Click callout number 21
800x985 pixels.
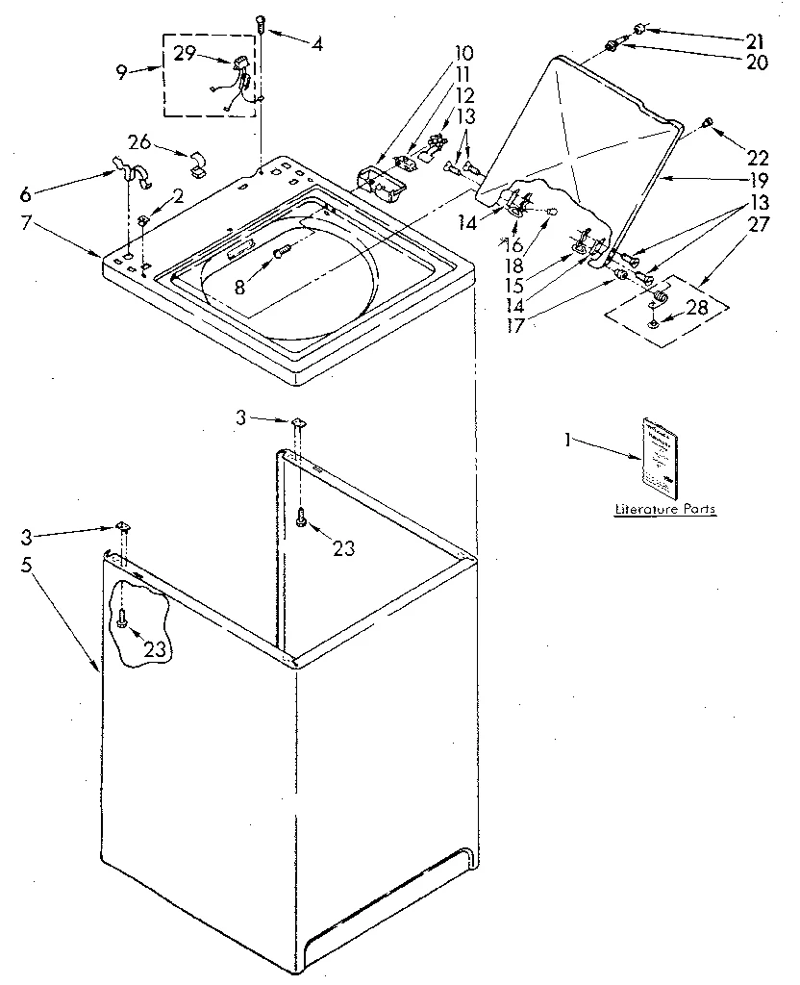pos(757,40)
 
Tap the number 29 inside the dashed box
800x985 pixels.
pos(185,55)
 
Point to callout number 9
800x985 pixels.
pos(122,71)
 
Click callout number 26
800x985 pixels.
pos(140,143)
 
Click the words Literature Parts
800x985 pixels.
pos(665,509)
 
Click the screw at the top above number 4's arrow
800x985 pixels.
pos(261,22)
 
